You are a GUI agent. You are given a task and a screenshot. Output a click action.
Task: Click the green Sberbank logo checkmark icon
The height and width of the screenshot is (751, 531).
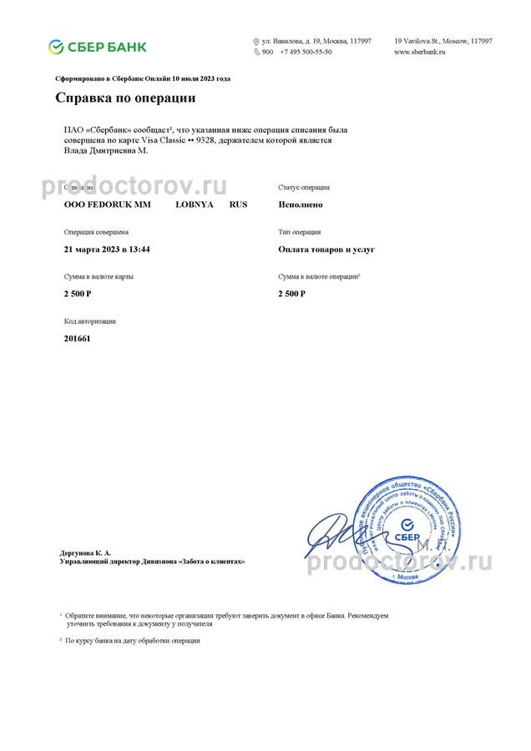(x=55, y=46)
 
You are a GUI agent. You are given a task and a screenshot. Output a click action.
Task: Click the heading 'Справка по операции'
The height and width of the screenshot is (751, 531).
(x=125, y=98)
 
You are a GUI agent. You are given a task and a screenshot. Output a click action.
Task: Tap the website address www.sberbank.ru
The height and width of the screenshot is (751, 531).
(x=420, y=52)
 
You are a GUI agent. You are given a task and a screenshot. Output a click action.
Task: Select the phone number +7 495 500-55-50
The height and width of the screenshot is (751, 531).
(x=306, y=52)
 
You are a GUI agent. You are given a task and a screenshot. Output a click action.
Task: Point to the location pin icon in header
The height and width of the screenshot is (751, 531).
(x=256, y=41)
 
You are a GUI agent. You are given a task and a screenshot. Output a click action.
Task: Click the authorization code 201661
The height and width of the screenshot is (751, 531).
(x=77, y=339)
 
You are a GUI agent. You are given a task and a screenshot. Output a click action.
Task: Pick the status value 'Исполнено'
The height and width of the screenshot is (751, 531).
(x=301, y=204)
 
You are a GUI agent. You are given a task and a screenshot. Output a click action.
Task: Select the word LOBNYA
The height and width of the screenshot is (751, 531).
(x=195, y=204)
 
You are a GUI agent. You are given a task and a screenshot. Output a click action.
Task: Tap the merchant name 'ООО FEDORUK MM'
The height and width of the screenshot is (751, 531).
(x=102, y=204)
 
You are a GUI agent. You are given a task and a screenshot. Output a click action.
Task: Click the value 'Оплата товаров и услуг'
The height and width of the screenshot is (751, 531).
(x=326, y=249)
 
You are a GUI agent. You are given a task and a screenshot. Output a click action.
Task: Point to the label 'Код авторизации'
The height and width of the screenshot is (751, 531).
(x=90, y=320)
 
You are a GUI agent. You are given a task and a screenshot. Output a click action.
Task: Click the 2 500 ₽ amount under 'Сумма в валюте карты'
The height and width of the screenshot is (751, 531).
(x=78, y=294)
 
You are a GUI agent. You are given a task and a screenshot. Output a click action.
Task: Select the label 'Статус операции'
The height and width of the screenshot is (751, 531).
(x=304, y=188)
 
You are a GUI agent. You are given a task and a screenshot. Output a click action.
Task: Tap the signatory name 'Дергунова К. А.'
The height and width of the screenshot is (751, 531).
(x=85, y=552)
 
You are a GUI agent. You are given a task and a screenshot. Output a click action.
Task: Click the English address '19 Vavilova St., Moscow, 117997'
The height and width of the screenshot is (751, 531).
(x=442, y=41)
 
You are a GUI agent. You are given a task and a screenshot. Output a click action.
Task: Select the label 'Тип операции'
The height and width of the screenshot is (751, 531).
(x=299, y=232)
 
